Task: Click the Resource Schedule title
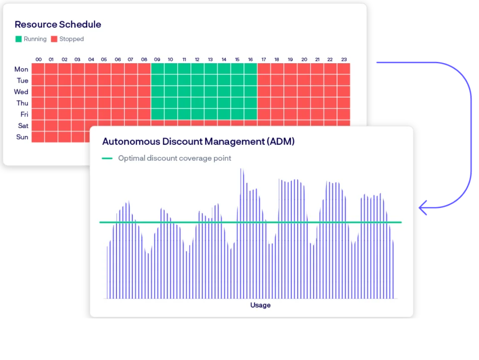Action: pyautogui.click(x=58, y=24)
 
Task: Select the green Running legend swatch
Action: pyautogui.click(x=18, y=39)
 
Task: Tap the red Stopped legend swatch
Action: pyautogui.click(x=54, y=39)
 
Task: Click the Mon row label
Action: pyautogui.click(x=21, y=69)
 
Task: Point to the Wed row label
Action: pyautogui.click(x=21, y=92)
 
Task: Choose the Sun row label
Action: pyautogui.click(x=22, y=137)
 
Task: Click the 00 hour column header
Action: pyautogui.click(x=38, y=60)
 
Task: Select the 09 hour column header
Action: pyautogui.click(x=157, y=60)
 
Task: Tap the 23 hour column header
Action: pyautogui.click(x=343, y=60)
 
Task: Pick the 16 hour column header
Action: pyautogui.click(x=250, y=60)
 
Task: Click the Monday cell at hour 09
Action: pyautogui.click(x=157, y=69)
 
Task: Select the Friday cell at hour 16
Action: pyautogui.click(x=250, y=114)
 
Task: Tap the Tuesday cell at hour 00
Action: pyautogui.click(x=38, y=80)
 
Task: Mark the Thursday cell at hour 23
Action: pyautogui.click(x=343, y=103)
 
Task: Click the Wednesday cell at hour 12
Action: pyautogui.click(x=197, y=92)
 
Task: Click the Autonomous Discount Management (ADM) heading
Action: pyautogui.click(x=198, y=141)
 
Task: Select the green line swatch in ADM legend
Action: pyautogui.click(x=107, y=158)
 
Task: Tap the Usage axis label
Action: pyautogui.click(x=260, y=305)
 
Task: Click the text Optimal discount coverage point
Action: pyautogui.click(x=174, y=158)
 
